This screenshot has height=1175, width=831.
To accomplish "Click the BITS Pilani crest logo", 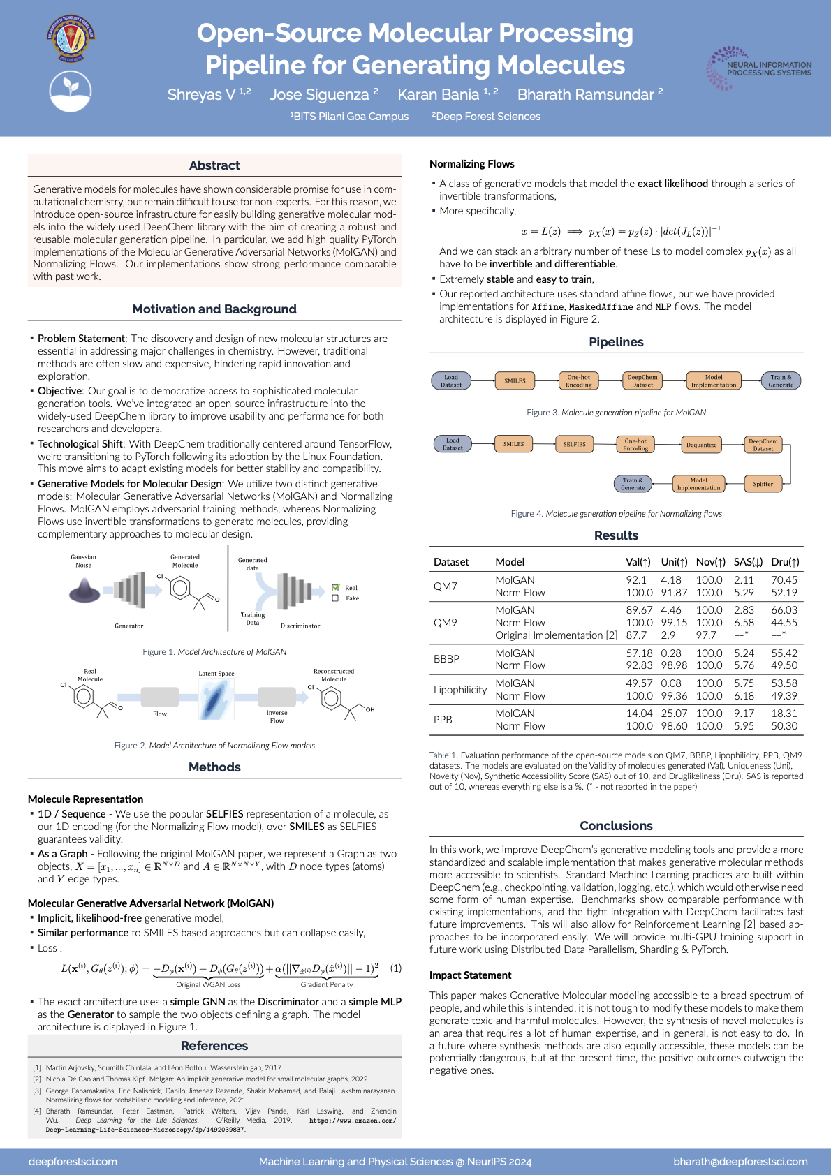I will pos(71,39).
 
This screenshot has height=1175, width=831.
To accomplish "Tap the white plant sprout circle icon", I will pos(71,90).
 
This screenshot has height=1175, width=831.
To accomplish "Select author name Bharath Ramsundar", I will pos(586,94).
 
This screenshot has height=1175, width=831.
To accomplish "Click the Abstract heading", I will pos(214,165).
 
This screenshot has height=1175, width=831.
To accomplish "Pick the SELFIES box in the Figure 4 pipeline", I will pos(575,445).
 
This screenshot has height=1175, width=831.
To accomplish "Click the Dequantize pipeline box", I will pos(701,445).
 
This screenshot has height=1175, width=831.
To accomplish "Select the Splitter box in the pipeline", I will pos(763,484).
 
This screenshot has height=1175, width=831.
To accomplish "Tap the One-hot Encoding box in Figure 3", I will pos(578,380).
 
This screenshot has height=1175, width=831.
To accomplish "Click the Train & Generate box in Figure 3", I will pos(780,380).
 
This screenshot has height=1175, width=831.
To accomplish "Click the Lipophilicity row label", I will pos(459,690).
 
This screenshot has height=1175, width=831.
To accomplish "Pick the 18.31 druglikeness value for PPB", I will pos(784,714).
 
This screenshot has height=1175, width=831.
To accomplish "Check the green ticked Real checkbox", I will pos(335,588).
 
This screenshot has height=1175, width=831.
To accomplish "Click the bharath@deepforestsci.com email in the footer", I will pos(740,1162).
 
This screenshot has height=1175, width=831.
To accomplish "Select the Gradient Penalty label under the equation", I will pos(327,984).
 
